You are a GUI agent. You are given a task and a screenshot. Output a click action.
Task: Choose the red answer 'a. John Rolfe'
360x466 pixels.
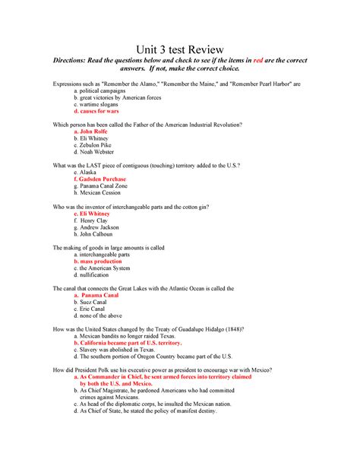coord(91,132)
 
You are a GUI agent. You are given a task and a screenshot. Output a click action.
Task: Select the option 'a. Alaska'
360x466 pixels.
coord(85,173)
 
